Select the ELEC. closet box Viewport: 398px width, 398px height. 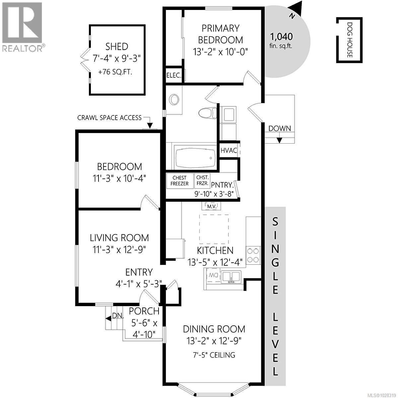point(174,75)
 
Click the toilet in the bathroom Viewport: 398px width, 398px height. point(206,113)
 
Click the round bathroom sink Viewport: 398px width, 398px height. point(174,99)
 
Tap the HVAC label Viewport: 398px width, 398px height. point(229,150)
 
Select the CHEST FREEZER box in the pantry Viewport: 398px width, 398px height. point(179,181)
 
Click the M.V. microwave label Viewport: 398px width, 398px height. point(212,206)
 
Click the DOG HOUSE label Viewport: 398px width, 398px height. point(349,40)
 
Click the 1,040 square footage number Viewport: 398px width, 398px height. point(281,36)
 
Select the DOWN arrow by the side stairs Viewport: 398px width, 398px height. point(279,139)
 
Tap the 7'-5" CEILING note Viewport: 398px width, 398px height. point(214,355)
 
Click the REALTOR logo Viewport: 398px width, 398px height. point(22,27)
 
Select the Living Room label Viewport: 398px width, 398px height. point(119,238)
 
